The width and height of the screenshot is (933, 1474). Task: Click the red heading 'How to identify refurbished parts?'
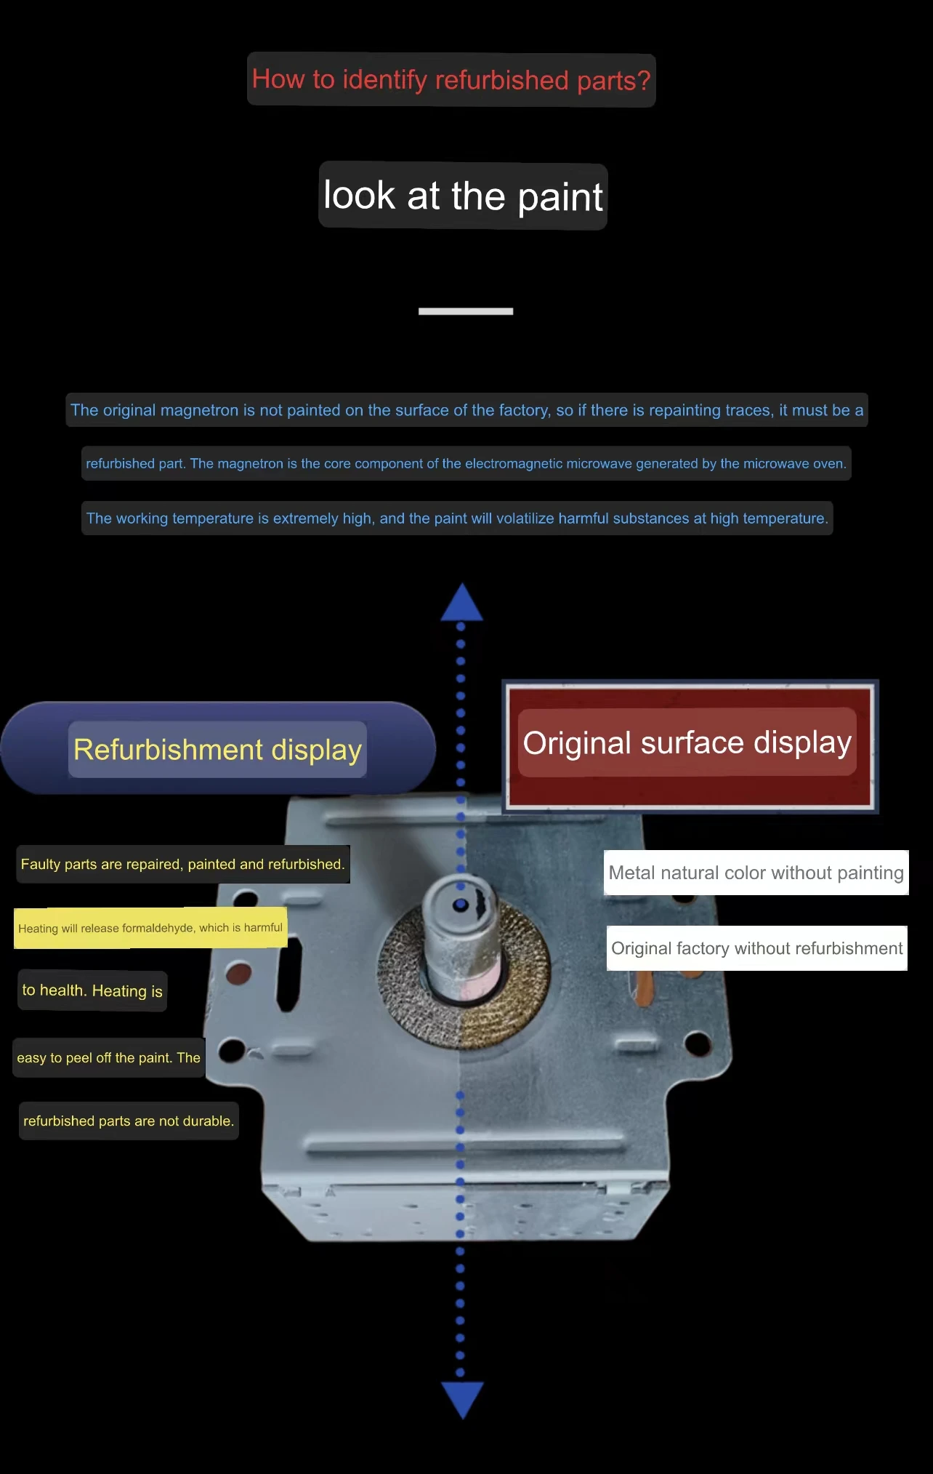451,79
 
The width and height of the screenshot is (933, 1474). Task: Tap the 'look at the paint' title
463,196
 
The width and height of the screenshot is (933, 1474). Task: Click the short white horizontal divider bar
466,311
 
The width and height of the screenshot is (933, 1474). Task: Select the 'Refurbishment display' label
217,749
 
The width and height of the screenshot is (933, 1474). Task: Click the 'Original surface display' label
687,742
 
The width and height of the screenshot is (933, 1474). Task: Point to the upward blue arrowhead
461,604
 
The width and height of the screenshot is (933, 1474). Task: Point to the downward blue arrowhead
462,1398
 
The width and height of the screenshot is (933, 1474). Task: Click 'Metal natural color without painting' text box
756,873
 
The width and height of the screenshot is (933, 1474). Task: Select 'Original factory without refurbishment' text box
756,948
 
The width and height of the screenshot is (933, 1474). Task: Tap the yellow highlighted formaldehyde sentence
150,928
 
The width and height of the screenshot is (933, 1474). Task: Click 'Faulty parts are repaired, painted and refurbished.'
182,864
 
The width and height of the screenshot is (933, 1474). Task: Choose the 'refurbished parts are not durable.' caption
129,1121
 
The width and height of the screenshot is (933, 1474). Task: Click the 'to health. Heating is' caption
92,990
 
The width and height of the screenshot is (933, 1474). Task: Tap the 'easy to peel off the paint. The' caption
109,1057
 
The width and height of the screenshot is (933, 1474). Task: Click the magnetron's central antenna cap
461,905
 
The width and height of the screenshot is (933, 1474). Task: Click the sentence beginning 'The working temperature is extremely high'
457,518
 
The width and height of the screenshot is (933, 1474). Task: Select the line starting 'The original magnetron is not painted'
467,410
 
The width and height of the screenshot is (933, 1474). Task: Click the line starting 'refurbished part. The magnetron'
466,463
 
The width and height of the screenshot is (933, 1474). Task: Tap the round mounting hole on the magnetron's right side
698,1044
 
